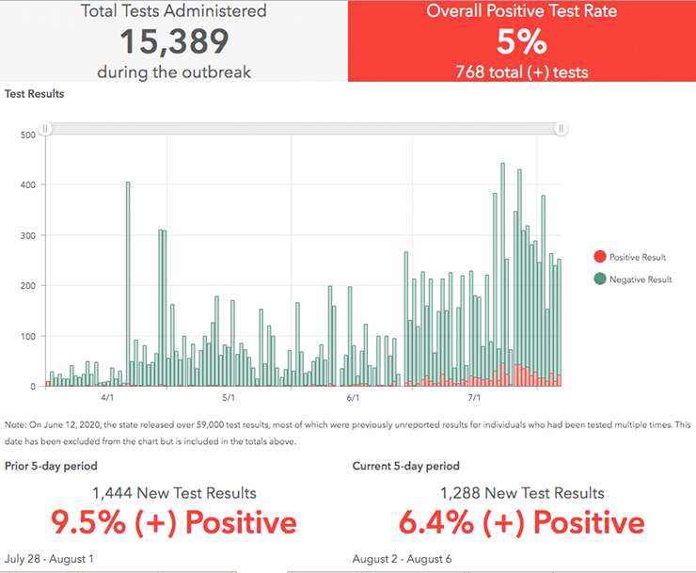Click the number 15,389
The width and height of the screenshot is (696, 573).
tap(174, 41)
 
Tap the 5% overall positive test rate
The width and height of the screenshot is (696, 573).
tap(521, 41)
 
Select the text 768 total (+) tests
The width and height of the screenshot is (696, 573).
tap(521, 71)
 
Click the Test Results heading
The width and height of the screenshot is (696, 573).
tap(34, 94)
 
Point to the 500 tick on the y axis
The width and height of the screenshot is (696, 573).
tap(27, 135)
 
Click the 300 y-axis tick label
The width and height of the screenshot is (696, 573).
tap(27, 235)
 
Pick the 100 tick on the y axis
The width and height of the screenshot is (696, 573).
tap(27, 336)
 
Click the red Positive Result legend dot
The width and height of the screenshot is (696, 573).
tap(600, 257)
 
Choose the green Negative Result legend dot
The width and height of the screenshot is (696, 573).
tap(600, 279)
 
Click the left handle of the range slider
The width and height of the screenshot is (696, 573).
tap(44, 129)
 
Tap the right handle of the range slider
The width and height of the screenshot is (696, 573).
tap(561, 129)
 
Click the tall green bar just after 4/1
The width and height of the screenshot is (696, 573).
tap(128, 282)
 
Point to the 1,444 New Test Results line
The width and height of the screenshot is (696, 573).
tap(174, 493)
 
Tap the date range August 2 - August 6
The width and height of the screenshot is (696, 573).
tap(402, 559)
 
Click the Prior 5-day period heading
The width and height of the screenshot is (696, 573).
tap(51, 466)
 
